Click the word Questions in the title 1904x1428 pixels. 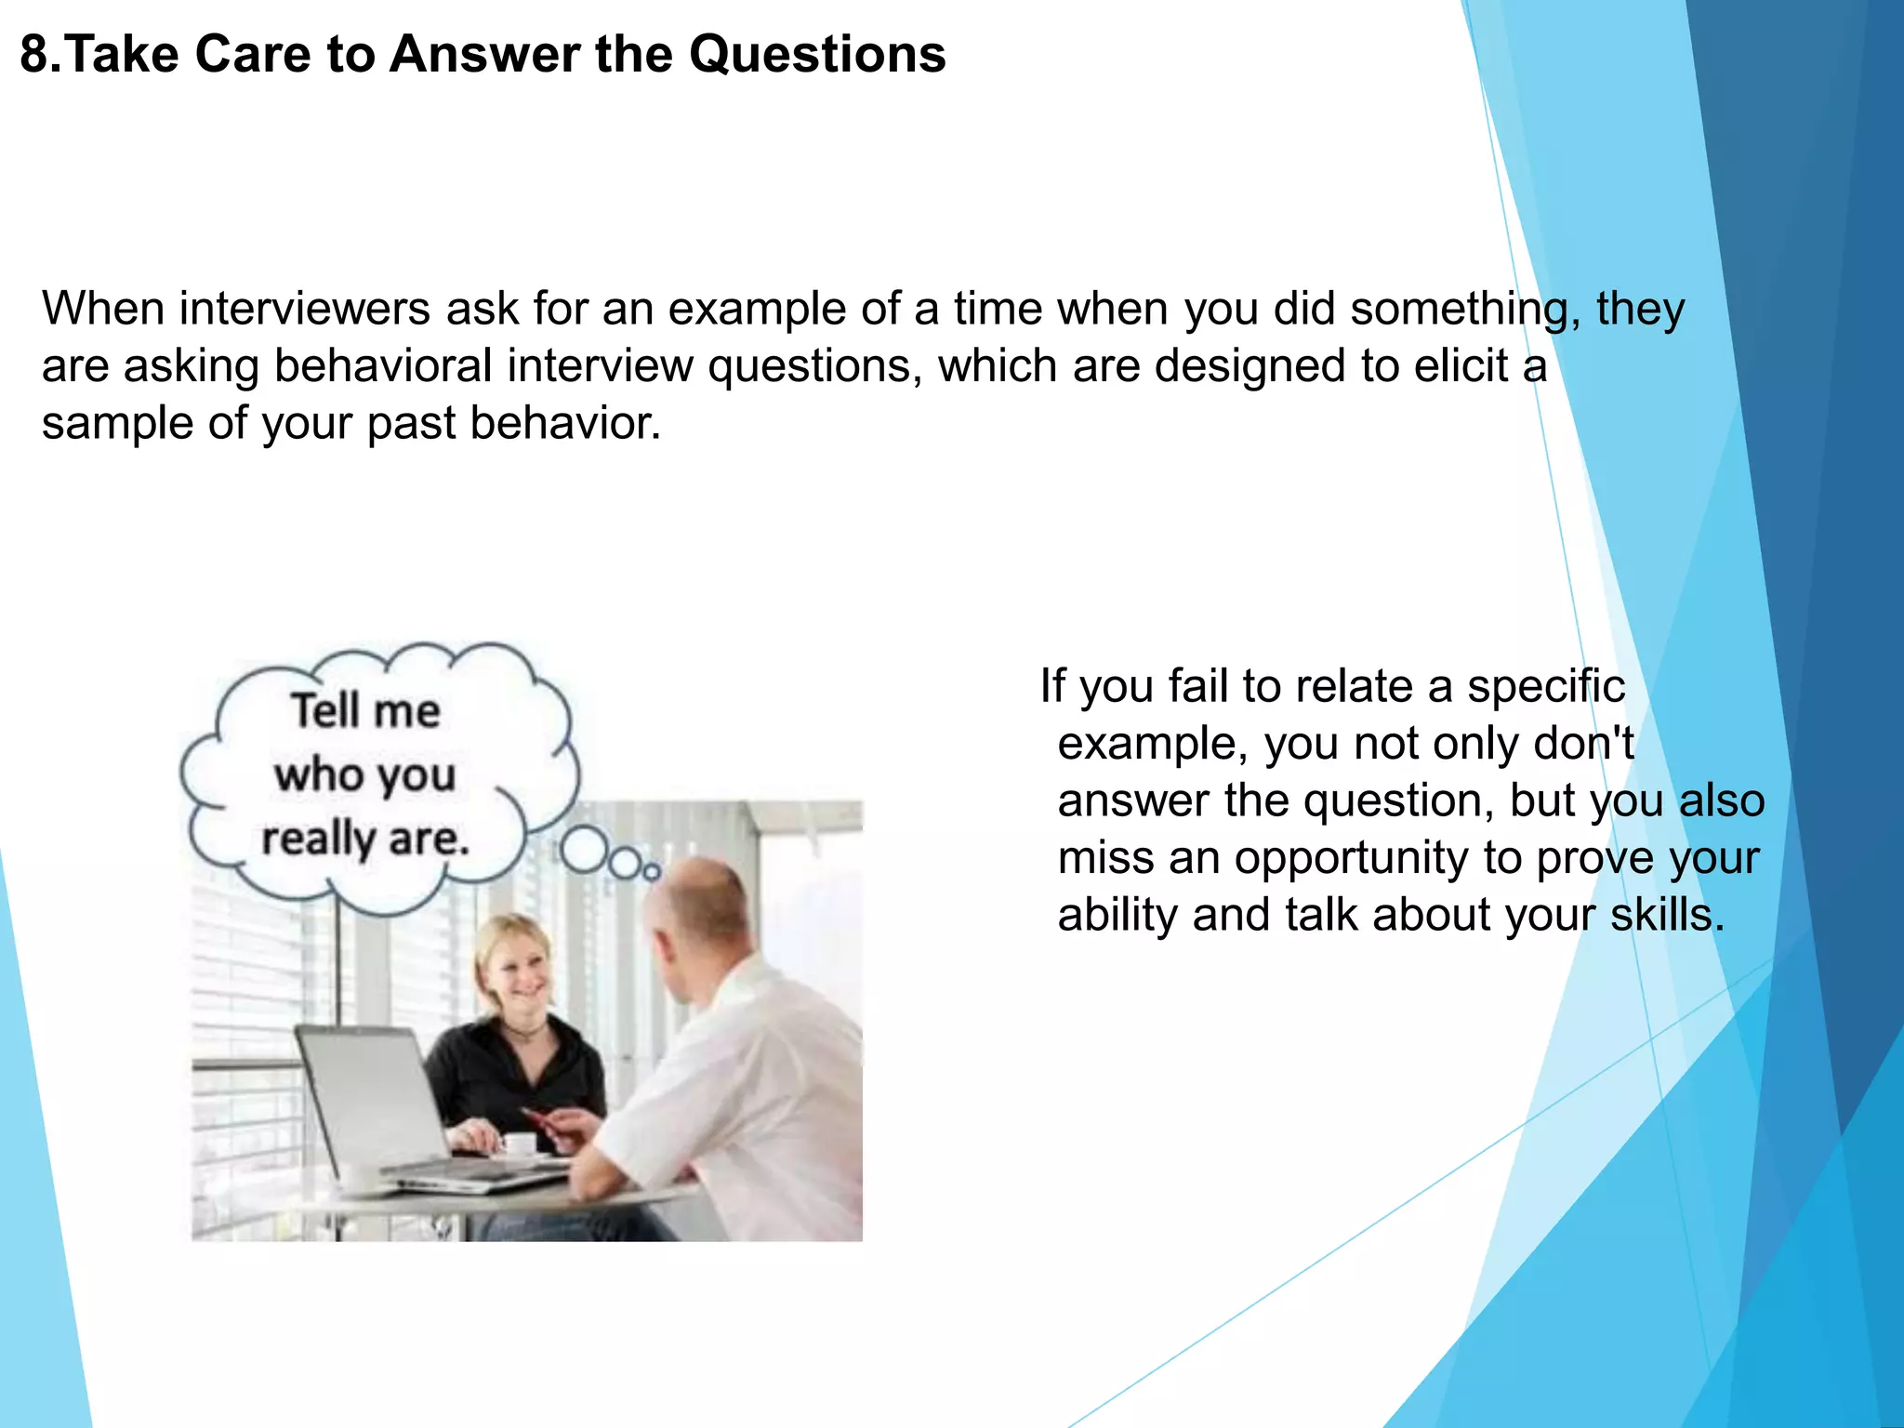tap(817, 54)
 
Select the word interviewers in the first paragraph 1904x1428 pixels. tap(304, 309)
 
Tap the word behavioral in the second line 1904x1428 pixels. tap(383, 365)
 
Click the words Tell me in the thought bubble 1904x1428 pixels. tap(365, 711)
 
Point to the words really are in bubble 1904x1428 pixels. tap(365, 839)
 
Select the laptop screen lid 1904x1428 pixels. tap(372, 1097)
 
